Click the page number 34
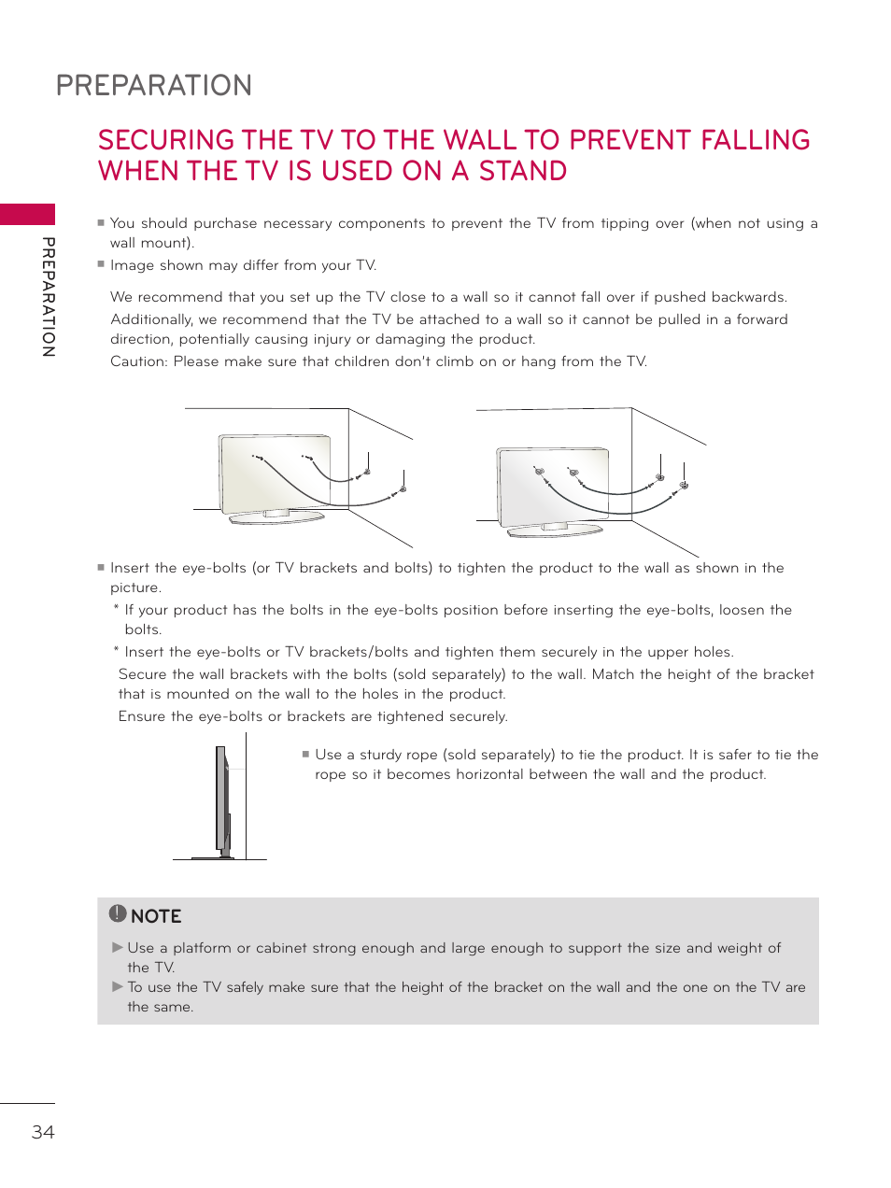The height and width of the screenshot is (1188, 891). point(43,1132)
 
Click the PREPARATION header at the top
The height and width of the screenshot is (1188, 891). point(154,86)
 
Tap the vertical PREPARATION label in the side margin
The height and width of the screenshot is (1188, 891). point(49,297)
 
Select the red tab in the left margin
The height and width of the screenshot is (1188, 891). point(27,214)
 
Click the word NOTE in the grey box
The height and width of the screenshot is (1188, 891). point(156,916)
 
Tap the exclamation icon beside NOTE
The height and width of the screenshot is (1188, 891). point(117,913)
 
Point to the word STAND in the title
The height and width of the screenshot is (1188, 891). point(522,172)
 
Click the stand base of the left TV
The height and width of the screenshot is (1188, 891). point(277,516)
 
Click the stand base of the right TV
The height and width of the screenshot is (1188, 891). point(555,530)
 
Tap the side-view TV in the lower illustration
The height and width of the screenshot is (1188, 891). point(222,799)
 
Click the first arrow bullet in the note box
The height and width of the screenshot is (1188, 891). point(118,947)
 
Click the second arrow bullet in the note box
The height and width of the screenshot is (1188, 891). point(118,986)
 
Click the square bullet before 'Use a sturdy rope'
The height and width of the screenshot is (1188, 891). point(305,754)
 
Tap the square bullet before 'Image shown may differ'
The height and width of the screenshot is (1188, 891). point(101,264)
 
